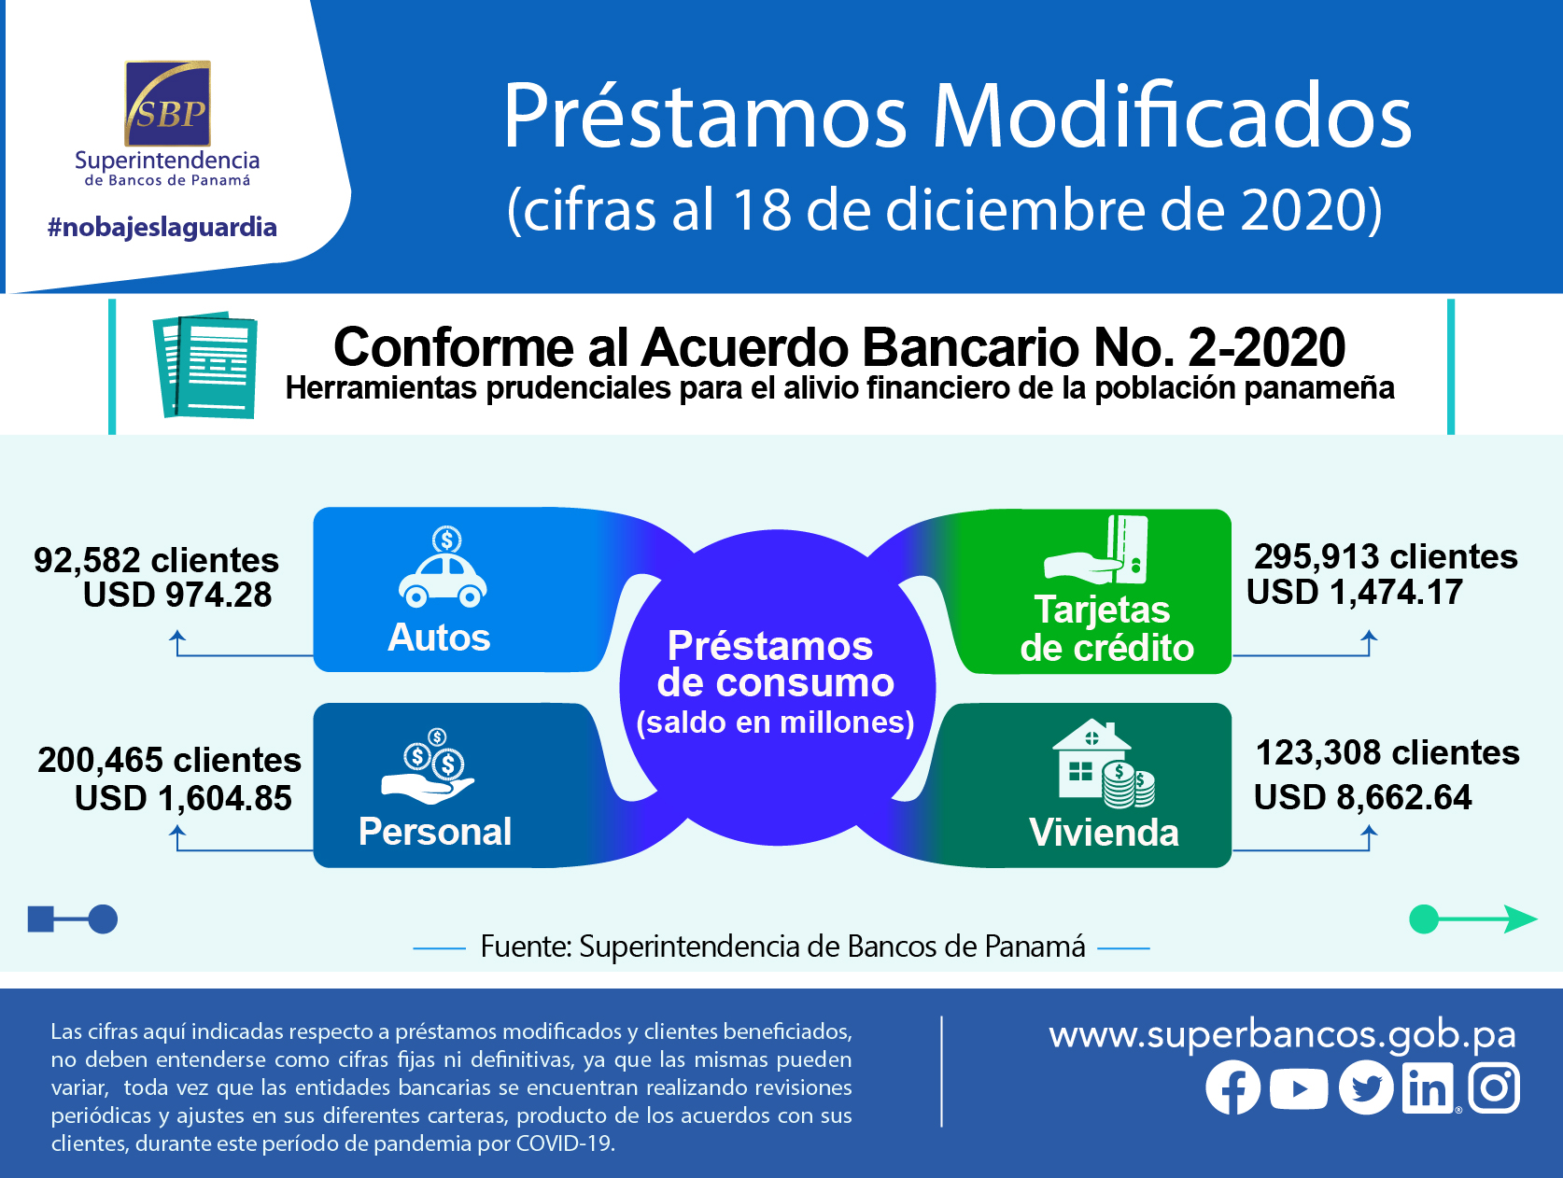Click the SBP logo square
tap(167, 104)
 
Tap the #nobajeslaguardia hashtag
tap(162, 227)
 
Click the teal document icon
tap(205, 364)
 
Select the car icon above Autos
tap(443, 568)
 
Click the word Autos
tap(439, 637)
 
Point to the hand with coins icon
tap(428, 766)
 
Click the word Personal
tap(435, 832)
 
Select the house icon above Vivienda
tap(1103, 764)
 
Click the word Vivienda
tap(1104, 832)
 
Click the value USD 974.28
tap(177, 595)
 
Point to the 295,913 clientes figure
tap(1386, 556)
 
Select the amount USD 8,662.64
tap(1362, 797)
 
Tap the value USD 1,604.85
tap(183, 799)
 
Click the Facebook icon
tap(1232, 1087)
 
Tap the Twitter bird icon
tap(1366, 1087)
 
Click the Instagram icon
tap(1494, 1087)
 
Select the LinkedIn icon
tap(1428, 1088)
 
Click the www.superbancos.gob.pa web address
tap(1283, 1035)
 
